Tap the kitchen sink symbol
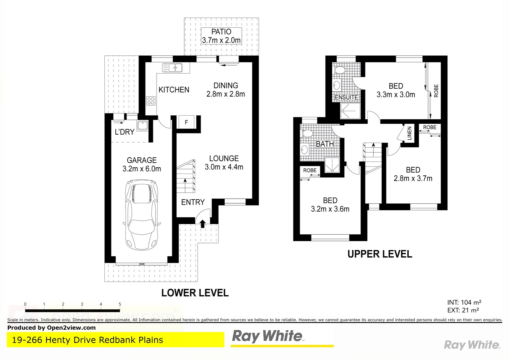pos(172,68)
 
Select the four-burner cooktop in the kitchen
pos(151,100)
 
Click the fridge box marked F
pos(186,122)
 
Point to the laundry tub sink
pos(143,126)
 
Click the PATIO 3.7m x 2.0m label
pos(221,36)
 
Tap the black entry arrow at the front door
pos(203,223)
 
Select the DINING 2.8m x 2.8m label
pos(226,90)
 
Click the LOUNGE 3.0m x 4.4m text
pos(224,163)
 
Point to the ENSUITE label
pos(346,97)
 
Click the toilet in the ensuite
pos(340,70)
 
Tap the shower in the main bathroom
pos(332,165)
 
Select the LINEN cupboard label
pos(409,133)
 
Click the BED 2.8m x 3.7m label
pos(413,174)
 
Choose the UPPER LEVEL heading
pos(380,254)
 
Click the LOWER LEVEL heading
pos(195,293)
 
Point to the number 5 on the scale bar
pos(120,304)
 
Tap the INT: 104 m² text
pos(464,302)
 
